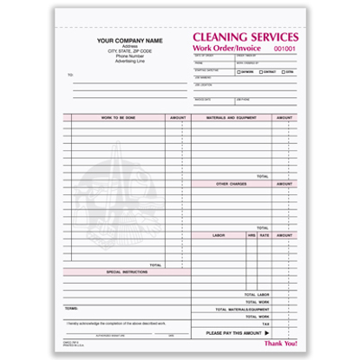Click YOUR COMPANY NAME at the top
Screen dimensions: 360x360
coord(130,41)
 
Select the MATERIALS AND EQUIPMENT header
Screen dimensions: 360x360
coord(229,115)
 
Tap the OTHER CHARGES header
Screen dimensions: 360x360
coord(232,185)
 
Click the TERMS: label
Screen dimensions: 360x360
coord(71,308)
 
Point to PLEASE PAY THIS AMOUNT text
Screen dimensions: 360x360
coord(233,332)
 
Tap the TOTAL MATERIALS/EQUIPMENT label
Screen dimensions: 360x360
coord(242,309)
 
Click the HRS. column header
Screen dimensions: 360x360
coord(252,234)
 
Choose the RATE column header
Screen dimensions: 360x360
coord(264,234)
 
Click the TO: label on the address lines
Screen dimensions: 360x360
coord(70,75)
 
